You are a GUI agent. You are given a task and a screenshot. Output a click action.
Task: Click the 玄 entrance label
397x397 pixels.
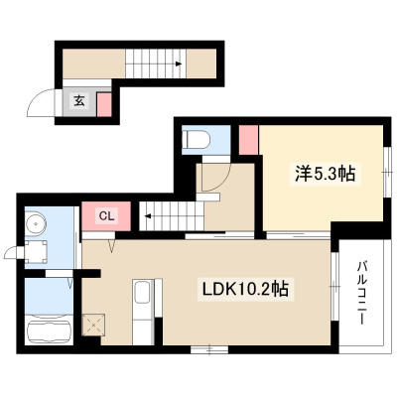[x=78, y=101]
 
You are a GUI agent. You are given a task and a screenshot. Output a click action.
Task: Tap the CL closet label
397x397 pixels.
[x=107, y=216]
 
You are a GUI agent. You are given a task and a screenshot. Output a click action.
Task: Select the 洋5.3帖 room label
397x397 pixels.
[x=326, y=174]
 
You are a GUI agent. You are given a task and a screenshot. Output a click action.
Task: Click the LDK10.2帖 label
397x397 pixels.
[x=245, y=290]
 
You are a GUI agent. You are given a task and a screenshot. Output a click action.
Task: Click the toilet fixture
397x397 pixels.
[x=197, y=141]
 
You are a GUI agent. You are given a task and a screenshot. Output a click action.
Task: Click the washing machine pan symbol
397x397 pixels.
[x=36, y=252]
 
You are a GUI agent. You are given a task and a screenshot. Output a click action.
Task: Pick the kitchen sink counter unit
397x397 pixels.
[x=144, y=312]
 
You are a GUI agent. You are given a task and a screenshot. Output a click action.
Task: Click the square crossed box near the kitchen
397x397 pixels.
[x=93, y=325]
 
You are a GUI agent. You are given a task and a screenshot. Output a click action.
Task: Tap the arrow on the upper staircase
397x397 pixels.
[x=178, y=64]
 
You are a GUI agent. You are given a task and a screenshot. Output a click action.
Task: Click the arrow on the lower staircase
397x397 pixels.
[x=148, y=216]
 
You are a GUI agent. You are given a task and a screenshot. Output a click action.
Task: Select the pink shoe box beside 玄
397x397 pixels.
[x=104, y=104]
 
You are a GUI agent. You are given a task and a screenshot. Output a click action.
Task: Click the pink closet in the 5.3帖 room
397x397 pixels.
[x=248, y=140]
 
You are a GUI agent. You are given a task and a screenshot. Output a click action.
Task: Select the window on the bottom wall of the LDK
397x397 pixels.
[x=209, y=349]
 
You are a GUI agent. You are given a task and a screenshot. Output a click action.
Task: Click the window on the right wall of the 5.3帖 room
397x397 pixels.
[x=387, y=172]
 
